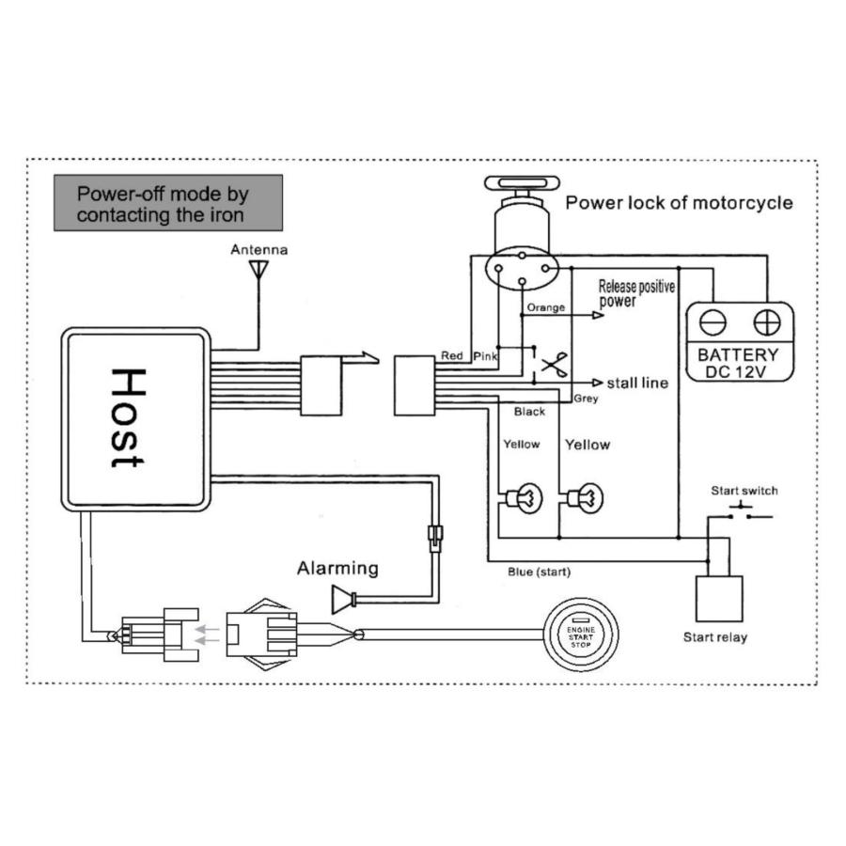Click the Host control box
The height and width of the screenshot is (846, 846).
(135, 419)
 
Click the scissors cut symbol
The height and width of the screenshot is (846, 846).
(555, 364)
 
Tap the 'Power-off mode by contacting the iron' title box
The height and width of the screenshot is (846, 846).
(167, 203)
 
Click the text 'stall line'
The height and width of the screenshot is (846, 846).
(637, 383)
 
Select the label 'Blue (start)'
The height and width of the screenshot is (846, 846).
(539, 572)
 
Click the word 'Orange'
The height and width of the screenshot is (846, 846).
(546, 307)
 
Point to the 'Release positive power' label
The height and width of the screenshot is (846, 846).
(636, 293)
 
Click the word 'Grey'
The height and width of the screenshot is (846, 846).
(585, 399)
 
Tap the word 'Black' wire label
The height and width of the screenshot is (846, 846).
(529, 412)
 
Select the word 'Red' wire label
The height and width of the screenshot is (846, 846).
(452, 355)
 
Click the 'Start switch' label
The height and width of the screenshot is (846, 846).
(744, 491)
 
